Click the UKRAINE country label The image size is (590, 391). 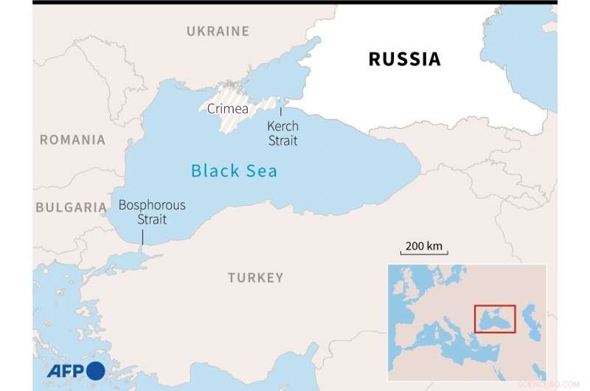218,31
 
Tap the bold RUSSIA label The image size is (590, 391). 404,59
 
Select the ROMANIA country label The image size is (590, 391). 72,139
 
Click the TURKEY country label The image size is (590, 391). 255,277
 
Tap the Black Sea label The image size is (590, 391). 234,171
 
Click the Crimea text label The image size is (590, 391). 227,109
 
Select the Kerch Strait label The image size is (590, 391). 282,134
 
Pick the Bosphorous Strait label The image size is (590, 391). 152,212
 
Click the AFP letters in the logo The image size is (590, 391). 66,370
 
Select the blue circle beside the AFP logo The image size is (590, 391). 96,370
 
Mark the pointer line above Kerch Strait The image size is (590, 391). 280,112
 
